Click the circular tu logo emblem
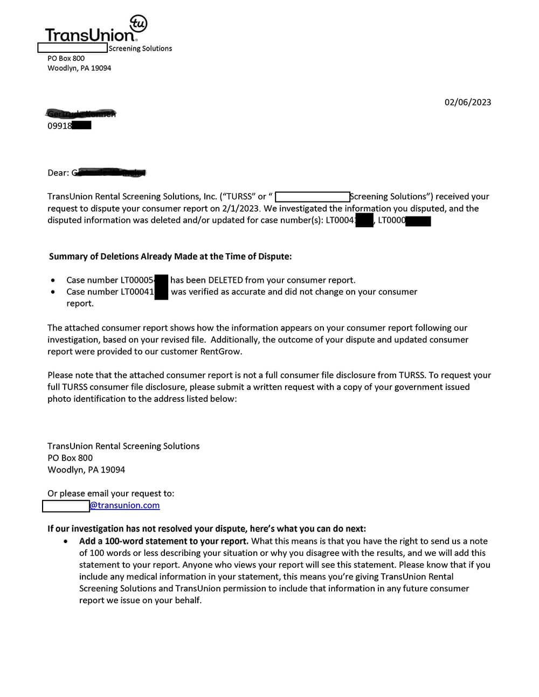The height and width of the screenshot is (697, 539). pyautogui.click(x=139, y=23)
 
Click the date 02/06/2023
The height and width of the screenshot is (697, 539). pyautogui.click(x=467, y=102)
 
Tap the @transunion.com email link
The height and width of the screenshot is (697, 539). pyautogui.click(x=125, y=505)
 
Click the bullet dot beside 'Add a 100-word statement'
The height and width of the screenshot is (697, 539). pyautogui.click(x=66, y=541)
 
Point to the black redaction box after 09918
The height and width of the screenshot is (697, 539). pyautogui.click(x=81, y=126)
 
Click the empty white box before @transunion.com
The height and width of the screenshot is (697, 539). pyautogui.click(x=66, y=506)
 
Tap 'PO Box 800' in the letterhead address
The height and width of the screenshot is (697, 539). pyautogui.click(x=66, y=58)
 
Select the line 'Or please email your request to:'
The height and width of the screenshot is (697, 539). pyautogui.click(x=110, y=493)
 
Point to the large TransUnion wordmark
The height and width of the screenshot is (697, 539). pyautogui.click(x=90, y=36)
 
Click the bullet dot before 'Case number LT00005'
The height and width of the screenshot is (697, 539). pyautogui.click(x=53, y=281)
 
